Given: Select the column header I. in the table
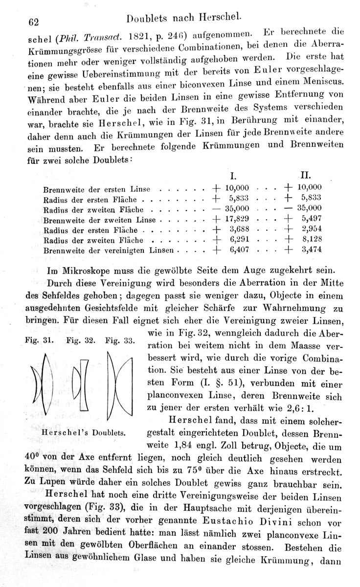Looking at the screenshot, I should click(x=234, y=175).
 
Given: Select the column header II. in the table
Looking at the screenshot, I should click(x=306, y=175).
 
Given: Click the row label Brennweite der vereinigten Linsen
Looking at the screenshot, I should click(x=108, y=250).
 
